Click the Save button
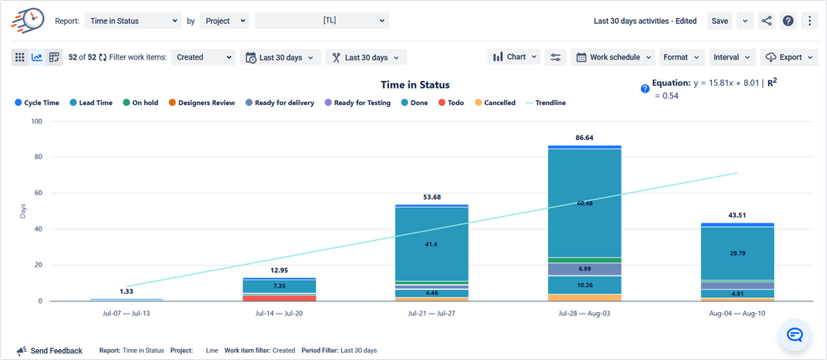(x=719, y=21)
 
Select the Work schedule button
(x=613, y=57)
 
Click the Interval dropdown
(x=731, y=57)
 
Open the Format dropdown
(x=680, y=57)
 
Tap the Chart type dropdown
(x=515, y=57)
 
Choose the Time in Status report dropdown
(x=132, y=21)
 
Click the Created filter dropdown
(x=204, y=57)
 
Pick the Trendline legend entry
(x=546, y=103)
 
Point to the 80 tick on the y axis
(x=37, y=157)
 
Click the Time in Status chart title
(x=415, y=84)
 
